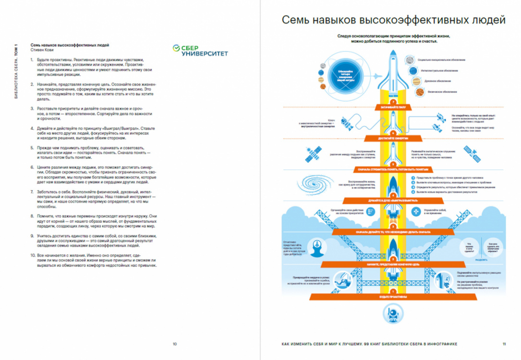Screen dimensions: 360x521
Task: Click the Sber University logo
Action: pyautogui.click(x=200, y=50)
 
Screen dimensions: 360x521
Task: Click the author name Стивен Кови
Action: pyautogui.click(x=42, y=50)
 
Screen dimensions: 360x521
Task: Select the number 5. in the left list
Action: pyautogui.click(x=32, y=148)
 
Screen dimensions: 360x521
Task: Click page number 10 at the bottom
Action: pyautogui.click(x=175, y=344)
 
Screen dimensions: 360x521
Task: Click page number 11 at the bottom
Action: pyautogui.click(x=504, y=344)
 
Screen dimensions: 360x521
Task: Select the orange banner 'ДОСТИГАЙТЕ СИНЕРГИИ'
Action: pyautogui.click(x=393, y=138)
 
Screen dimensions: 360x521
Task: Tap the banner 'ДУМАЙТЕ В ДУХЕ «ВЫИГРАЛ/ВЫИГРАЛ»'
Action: pyautogui.click(x=393, y=201)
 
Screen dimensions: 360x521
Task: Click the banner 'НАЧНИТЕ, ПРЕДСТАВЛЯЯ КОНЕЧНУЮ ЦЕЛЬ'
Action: pyautogui.click(x=393, y=264)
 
